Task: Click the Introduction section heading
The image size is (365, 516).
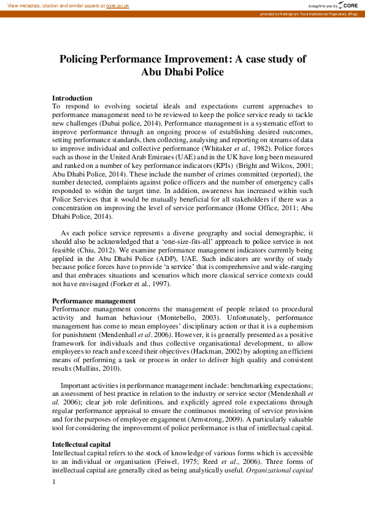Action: click(72, 98)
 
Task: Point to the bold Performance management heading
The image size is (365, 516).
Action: click(94, 302)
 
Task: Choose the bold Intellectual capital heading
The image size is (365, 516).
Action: click(82, 444)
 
